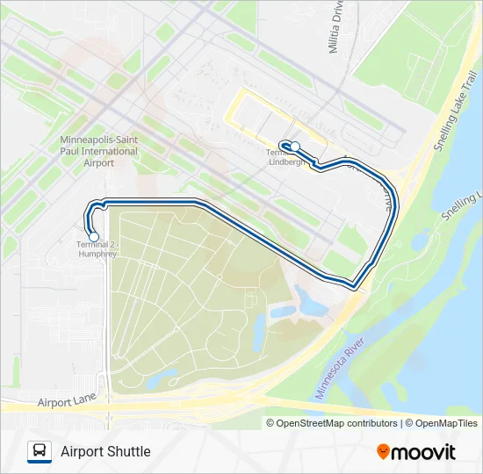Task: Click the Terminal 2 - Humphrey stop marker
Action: pyautogui.click(x=94, y=235)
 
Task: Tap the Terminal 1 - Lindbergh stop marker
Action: pyautogui.click(x=296, y=147)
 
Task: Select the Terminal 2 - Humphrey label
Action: pyautogui.click(x=96, y=248)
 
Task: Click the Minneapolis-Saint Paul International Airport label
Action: pyautogui.click(x=99, y=151)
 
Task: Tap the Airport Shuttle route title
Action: pyautogui.click(x=105, y=451)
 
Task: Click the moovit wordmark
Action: pyautogui.click(x=423, y=451)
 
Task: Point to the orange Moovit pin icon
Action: pyautogui.click(x=383, y=451)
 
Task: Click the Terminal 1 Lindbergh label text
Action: pyautogui.click(x=285, y=157)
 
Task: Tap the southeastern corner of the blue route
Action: pyautogui.click(x=355, y=285)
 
